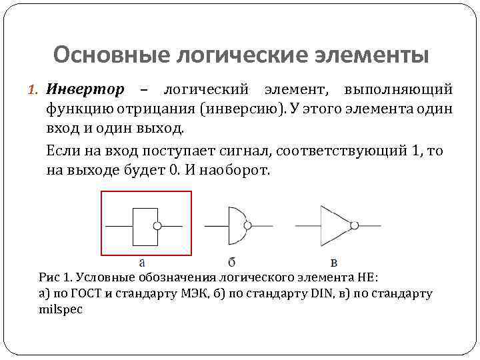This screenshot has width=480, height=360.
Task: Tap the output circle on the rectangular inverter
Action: [x=157, y=226]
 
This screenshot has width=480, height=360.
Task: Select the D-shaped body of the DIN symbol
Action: [x=236, y=226]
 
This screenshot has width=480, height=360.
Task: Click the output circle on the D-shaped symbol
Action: [x=249, y=226]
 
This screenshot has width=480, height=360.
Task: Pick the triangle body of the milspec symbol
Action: [x=333, y=225]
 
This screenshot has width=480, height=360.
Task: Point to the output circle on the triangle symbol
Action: [x=355, y=225]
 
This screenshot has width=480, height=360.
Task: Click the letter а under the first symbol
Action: [x=142, y=263]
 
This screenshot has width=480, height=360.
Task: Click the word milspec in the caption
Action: [x=61, y=310]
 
